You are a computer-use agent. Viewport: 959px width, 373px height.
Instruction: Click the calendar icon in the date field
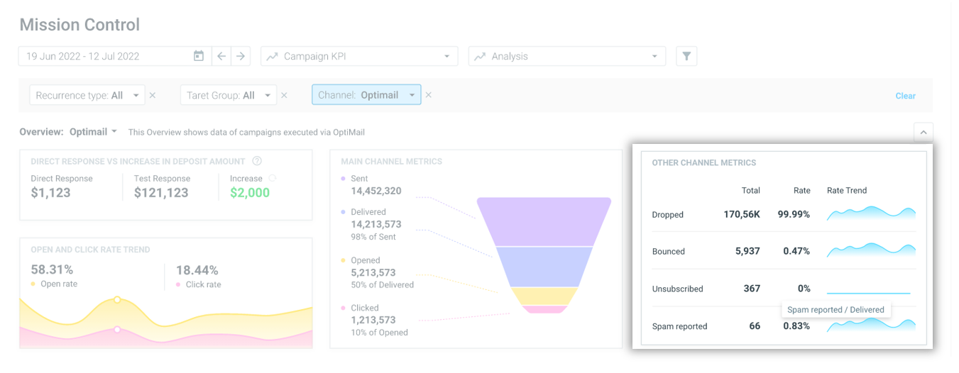199,56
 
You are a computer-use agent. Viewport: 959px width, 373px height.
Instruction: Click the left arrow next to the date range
221,56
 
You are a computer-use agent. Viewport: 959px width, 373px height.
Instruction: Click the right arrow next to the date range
241,56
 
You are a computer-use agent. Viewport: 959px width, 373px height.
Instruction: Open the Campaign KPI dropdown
359,56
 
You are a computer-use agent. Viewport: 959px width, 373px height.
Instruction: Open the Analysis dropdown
566,56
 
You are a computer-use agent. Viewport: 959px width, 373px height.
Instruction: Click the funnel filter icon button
686,56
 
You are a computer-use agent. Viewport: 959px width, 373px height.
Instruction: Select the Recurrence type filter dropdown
87,95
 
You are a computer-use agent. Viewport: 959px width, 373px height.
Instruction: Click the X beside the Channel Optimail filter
428,95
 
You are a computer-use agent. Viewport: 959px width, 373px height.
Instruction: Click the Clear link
905,96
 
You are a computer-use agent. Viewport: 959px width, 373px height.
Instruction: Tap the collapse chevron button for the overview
923,132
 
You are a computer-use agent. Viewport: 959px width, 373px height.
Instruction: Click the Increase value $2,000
249,193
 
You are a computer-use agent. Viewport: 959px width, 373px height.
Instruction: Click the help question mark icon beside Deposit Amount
257,161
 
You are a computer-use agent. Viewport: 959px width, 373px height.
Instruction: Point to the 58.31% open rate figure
52,269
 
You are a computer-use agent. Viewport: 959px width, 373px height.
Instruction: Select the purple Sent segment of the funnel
543,221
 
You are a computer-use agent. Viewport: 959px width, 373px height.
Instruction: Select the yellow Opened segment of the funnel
543,296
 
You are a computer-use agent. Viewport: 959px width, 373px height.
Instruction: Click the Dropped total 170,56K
742,214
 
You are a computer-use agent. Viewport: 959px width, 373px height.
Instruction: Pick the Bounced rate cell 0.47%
796,251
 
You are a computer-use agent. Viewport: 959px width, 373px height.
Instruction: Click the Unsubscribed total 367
752,289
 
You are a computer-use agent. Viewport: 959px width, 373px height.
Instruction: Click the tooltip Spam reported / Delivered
835,309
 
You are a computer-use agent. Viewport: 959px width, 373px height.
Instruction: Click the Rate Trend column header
847,190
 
